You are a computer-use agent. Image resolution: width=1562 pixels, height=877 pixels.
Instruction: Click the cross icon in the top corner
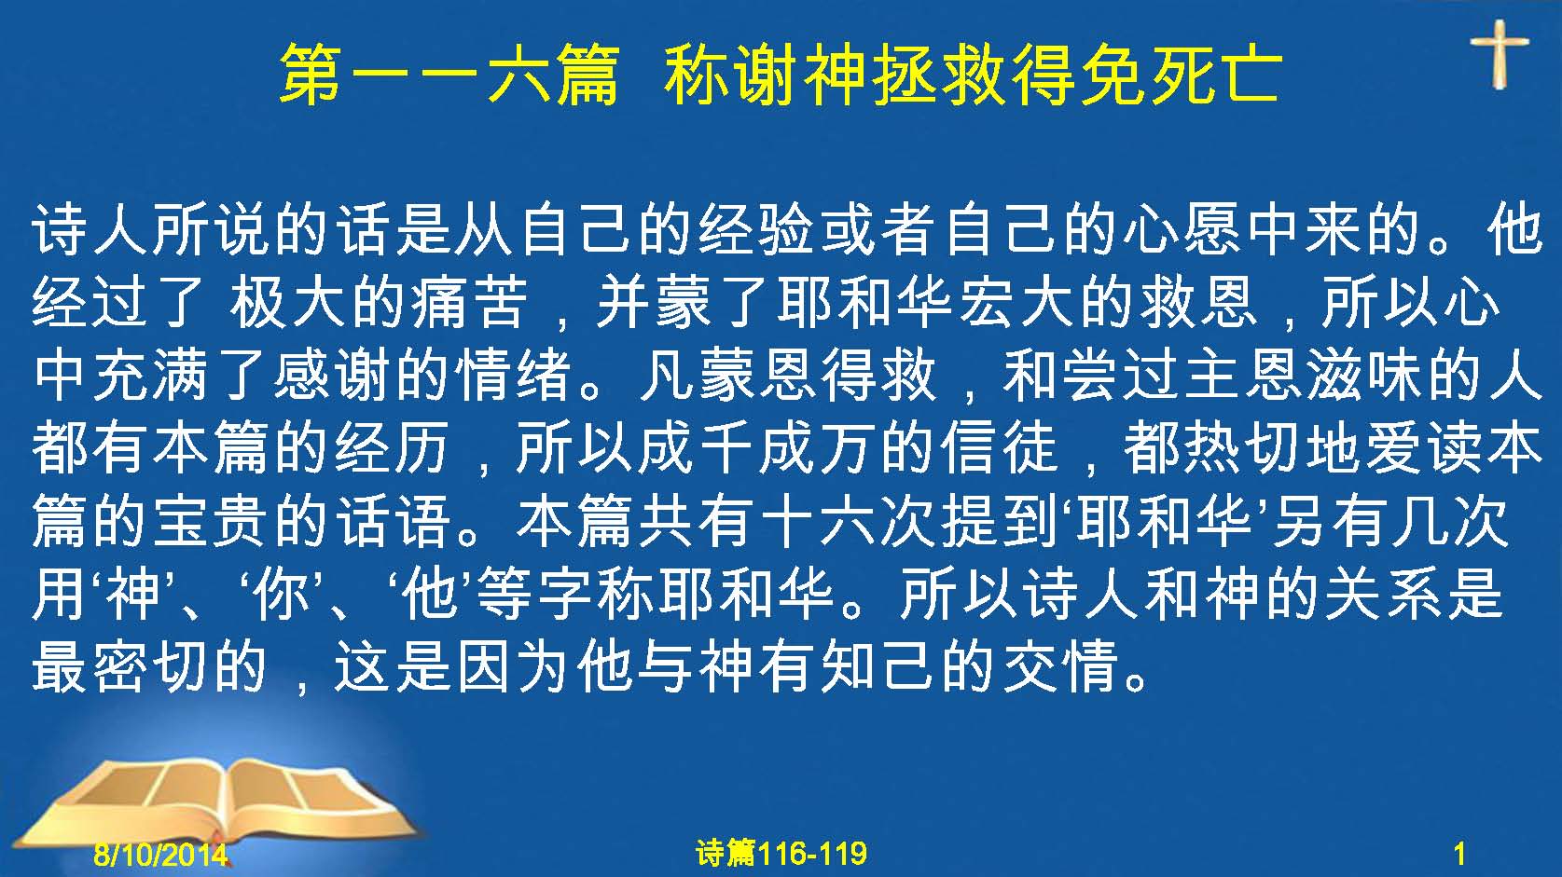click(x=1499, y=54)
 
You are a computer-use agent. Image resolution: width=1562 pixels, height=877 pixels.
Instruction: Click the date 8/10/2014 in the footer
click(x=160, y=854)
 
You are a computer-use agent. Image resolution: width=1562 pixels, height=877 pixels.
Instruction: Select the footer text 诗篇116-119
click(x=781, y=854)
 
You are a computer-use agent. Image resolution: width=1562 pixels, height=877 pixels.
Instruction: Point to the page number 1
click(x=1459, y=854)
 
